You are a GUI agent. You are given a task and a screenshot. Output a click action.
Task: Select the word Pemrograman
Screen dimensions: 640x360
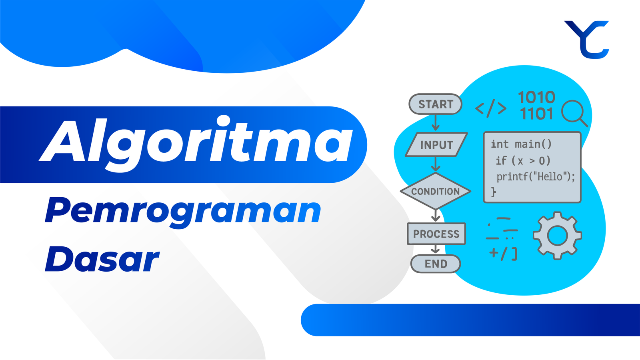coord(183,212)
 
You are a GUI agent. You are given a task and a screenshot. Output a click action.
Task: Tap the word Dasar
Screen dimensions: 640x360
coord(102,259)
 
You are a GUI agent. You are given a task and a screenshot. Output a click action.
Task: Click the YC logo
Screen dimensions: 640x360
coord(586,40)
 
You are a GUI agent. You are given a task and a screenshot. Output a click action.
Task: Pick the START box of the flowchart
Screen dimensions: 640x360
coord(436,104)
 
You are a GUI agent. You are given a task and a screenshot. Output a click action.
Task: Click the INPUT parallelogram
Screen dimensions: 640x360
coord(436,144)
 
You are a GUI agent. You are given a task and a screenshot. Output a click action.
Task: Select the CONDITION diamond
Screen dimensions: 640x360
coord(436,191)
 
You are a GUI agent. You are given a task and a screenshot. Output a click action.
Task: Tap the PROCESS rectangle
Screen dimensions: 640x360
coord(436,234)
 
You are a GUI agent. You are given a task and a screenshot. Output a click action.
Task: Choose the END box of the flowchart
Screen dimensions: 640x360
coord(436,264)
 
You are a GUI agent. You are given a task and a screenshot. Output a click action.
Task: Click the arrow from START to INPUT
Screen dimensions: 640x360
coord(436,122)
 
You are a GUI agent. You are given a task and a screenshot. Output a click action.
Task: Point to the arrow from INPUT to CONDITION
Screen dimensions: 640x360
coord(436,164)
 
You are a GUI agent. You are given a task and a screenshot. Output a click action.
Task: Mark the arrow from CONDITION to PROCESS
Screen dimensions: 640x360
coord(436,216)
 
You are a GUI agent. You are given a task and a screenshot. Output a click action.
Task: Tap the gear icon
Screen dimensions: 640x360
coord(557,236)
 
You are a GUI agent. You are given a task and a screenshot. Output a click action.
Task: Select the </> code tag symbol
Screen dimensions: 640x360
coord(490,108)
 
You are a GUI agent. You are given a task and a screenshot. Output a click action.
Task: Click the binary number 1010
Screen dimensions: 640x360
coord(536,97)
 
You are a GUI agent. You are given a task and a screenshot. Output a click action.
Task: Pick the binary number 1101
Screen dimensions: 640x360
coord(536,114)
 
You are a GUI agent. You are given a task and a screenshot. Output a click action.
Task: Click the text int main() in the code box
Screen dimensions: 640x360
coord(521,144)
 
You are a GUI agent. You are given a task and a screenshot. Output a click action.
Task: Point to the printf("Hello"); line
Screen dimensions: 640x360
coord(536,177)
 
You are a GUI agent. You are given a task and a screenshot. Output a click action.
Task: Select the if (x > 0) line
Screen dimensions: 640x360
coord(523,160)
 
